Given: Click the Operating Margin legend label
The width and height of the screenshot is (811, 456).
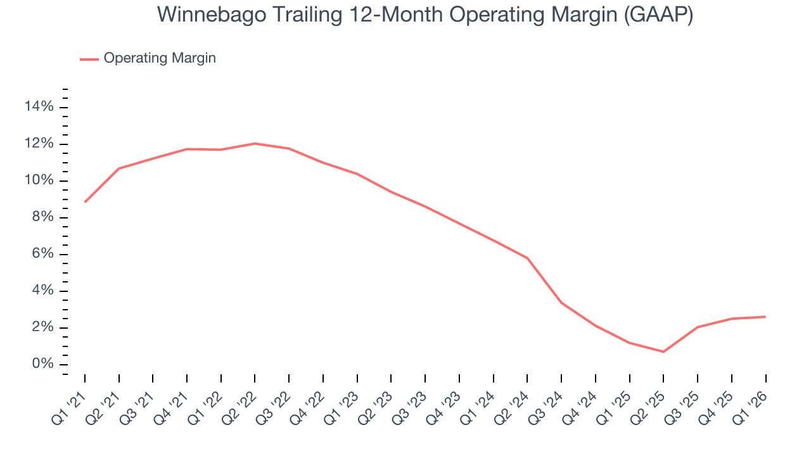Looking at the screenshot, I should (x=160, y=58).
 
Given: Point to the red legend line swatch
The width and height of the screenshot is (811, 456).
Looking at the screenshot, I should (x=89, y=59).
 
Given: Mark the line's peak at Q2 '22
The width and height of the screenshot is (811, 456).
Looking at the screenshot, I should (x=255, y=144).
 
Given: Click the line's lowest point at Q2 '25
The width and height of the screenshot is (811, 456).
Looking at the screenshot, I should (x=663, y=351).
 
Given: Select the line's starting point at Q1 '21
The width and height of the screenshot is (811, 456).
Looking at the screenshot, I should (x=85, y=202).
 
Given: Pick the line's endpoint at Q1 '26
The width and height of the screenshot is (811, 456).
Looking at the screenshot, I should (x=765, y=317).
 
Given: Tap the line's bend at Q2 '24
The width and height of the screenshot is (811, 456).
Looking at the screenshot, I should (x=527, y=258).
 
